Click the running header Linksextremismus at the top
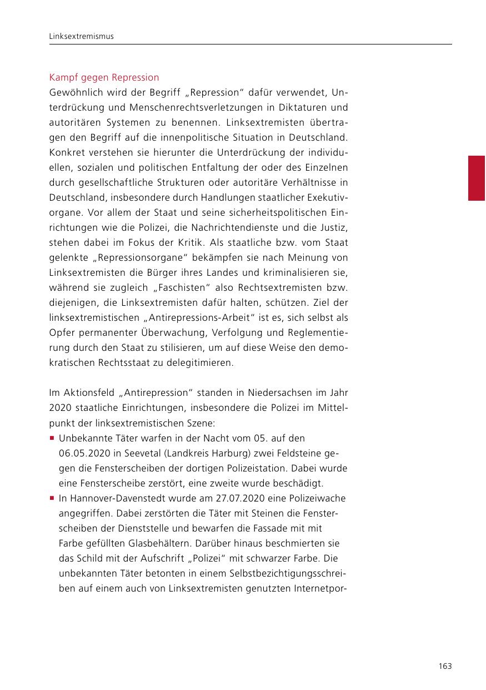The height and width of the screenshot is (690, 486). click(x=81, y=37)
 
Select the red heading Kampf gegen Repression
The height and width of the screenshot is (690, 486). click(x=104, y=77)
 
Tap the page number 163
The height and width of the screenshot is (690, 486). click(x=444, y=666)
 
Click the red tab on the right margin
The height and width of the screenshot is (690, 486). click(x=477, y=178)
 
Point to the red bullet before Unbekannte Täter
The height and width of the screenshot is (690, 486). click(x=52, y=439)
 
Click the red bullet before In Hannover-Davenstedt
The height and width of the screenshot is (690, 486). click(x=52, y=499)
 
